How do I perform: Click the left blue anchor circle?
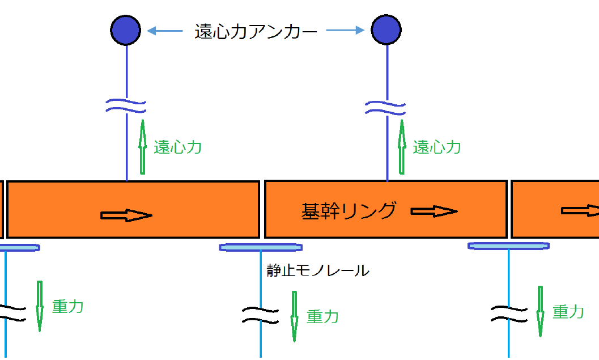(125, 30)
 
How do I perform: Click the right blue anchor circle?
(386, 30)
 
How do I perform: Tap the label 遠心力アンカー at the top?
(256, 32)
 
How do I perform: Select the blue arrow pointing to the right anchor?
(345, 31)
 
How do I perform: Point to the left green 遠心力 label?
(177, 147)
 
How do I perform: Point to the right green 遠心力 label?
(436, 147)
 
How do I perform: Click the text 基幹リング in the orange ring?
(349, 211)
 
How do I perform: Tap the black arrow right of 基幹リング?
(434, 211)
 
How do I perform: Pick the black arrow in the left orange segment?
(126, 215)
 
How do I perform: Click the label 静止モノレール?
(318, 270)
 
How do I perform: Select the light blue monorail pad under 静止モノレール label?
(261, 247)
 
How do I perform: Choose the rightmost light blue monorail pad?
(508, 245)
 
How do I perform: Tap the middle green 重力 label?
(322, 316)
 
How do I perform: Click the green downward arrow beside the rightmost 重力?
(540, 311)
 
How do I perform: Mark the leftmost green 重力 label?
(67, 307)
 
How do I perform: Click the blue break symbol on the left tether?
(126, 105)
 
